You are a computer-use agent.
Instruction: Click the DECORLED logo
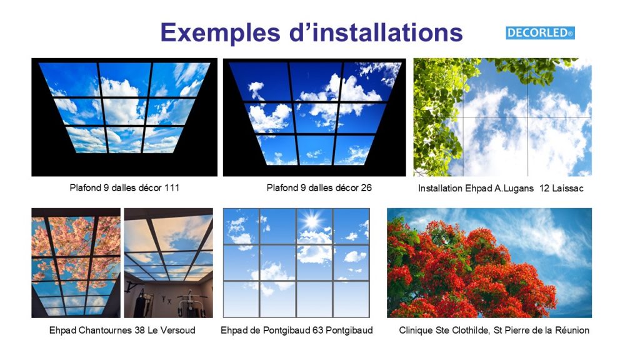[540, 33]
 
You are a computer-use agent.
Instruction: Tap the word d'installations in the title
[376, 32]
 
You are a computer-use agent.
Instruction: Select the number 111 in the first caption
[172, 187]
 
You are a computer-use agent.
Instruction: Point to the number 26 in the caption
[366, 187]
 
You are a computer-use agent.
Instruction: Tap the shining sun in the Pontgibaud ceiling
[312, 221]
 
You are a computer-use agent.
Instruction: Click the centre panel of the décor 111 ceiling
[124, 111]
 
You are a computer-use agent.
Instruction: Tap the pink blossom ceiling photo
[76, 263]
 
